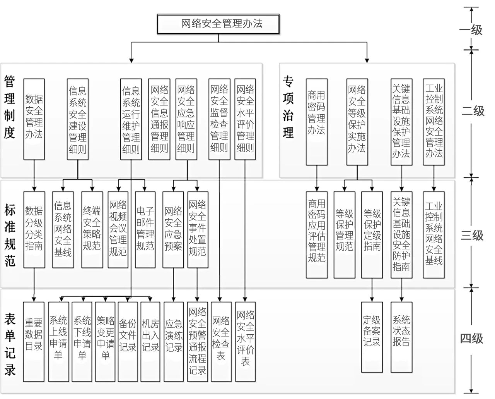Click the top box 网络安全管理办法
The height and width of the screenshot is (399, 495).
click(218, 24)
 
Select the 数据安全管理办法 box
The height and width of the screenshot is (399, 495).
click(34, 119)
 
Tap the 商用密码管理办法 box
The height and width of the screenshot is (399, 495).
click(317, 122)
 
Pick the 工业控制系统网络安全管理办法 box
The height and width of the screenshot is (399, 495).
click(434, 122)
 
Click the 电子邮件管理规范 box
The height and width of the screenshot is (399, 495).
click(145, 230)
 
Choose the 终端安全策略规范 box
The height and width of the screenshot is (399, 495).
click(92, 230)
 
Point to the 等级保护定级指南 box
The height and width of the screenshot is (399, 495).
click(372, 235)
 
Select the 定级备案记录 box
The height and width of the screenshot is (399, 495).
click(372, 337)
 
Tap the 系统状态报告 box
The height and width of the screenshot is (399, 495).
click(401, 337)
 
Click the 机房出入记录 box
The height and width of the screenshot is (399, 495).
click(150, 342)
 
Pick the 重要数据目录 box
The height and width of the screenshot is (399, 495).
click(34, 342)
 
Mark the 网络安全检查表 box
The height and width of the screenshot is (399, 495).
click(221, 342)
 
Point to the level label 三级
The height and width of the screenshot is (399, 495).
click(472, 236)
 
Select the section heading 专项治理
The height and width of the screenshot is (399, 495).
click(288, 107)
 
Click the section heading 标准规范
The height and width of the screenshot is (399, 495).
click(10, 235)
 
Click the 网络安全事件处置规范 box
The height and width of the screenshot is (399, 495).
click(198, 230)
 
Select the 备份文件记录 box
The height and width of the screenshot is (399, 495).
click(128, 342)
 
